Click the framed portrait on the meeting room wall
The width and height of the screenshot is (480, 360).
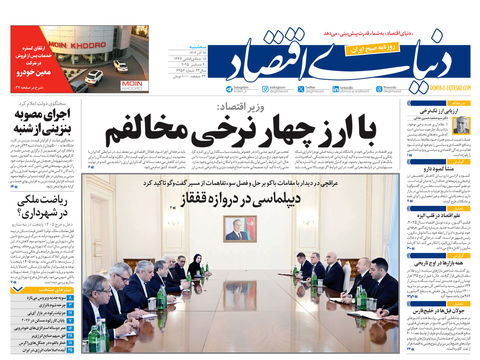(237, 229)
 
